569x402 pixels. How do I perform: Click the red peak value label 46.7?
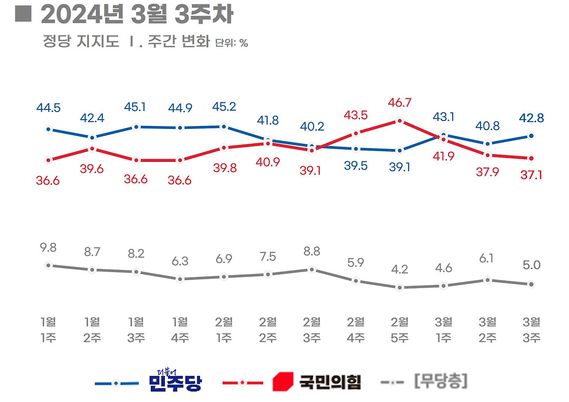coord(399,103)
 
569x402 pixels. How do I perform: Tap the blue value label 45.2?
coord(224,107)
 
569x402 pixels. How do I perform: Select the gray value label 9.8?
coord(48,248)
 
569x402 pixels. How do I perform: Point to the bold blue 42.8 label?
coord(531,118)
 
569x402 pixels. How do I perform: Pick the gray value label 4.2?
coord(399,269)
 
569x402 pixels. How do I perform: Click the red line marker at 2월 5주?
coord(399,121)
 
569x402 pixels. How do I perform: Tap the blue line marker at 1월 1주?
coord(48,129)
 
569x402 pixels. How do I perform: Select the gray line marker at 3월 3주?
coord(531,284)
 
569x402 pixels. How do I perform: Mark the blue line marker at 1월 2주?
coord(92,137)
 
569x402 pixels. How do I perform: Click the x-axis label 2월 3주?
coord(312,330)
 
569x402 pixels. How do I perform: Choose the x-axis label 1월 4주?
coord(180,330)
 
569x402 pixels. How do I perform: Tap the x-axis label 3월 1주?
coord(443,330)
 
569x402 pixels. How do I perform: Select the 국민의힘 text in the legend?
coord(329,382)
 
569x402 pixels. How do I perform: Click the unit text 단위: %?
coord(232,43)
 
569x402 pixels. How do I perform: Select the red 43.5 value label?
coord(355,115)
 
